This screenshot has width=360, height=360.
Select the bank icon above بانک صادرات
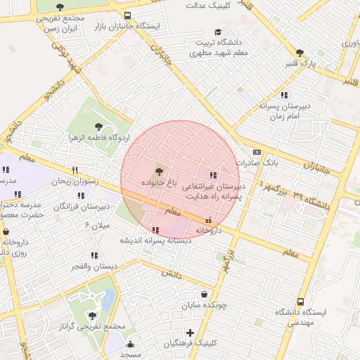pos(257,151)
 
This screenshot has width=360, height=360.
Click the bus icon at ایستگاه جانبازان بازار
pos(127,15)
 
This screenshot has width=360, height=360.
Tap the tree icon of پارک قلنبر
pos(300,53)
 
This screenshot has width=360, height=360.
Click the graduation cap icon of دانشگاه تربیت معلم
pos(218,32)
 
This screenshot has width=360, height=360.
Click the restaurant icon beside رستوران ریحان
pos(75,170)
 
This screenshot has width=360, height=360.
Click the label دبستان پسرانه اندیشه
pos(155,240)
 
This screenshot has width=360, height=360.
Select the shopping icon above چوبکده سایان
pos(204,295)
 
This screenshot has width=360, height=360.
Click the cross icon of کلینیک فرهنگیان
pos(190,332)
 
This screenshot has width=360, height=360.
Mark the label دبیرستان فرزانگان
pos(84,207)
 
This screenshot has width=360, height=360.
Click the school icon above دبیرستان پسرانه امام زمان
pos(284,94)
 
